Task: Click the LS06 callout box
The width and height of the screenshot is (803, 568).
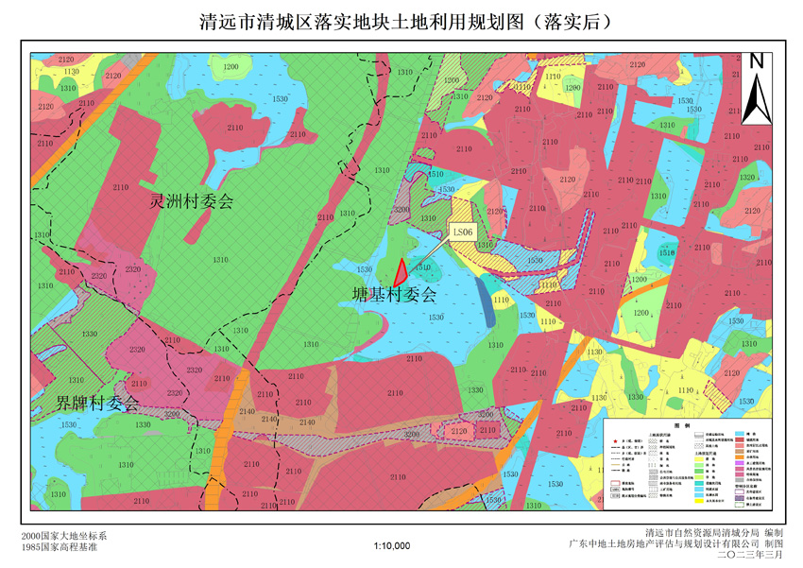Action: [462, 231]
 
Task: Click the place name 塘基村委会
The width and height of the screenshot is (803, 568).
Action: [395, 294]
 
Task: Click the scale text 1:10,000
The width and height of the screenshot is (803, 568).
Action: [392, 545]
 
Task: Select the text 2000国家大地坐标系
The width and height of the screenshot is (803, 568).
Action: [63, 536]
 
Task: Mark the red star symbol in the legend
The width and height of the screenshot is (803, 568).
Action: [616, 441]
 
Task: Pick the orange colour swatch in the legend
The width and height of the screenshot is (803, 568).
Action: [739, 457]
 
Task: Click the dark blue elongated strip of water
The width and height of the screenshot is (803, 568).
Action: [486, 300]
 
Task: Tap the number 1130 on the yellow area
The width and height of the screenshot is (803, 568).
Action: [72, 72]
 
